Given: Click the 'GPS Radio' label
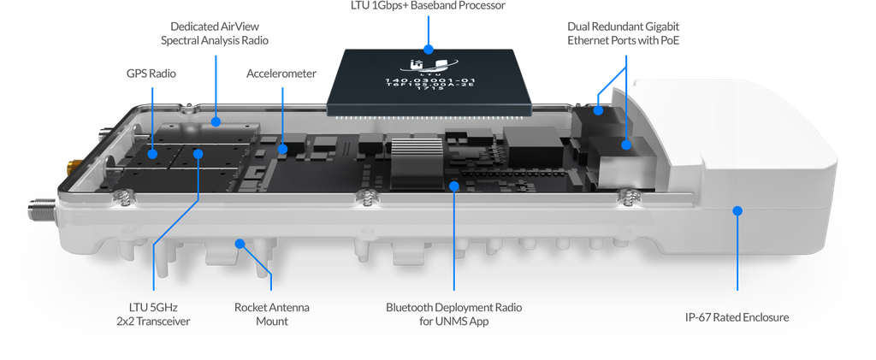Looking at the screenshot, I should pos(152,74).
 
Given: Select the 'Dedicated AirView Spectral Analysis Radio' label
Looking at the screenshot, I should pos(215,34).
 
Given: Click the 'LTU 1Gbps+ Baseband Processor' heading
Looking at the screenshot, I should pos(429,6).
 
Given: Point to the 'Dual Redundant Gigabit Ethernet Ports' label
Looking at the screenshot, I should pos(627,33).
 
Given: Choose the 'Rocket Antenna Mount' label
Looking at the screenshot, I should pos(272,313).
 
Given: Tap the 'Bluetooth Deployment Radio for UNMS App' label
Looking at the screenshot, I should pos(453,313).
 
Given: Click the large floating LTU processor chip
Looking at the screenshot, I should pos(429,81).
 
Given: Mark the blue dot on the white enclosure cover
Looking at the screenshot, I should pos(737,209).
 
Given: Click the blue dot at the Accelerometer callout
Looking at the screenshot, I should pos(282,150).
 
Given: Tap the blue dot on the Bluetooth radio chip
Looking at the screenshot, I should pos(454,184).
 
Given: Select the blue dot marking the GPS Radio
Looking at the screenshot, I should pos(153,154).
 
